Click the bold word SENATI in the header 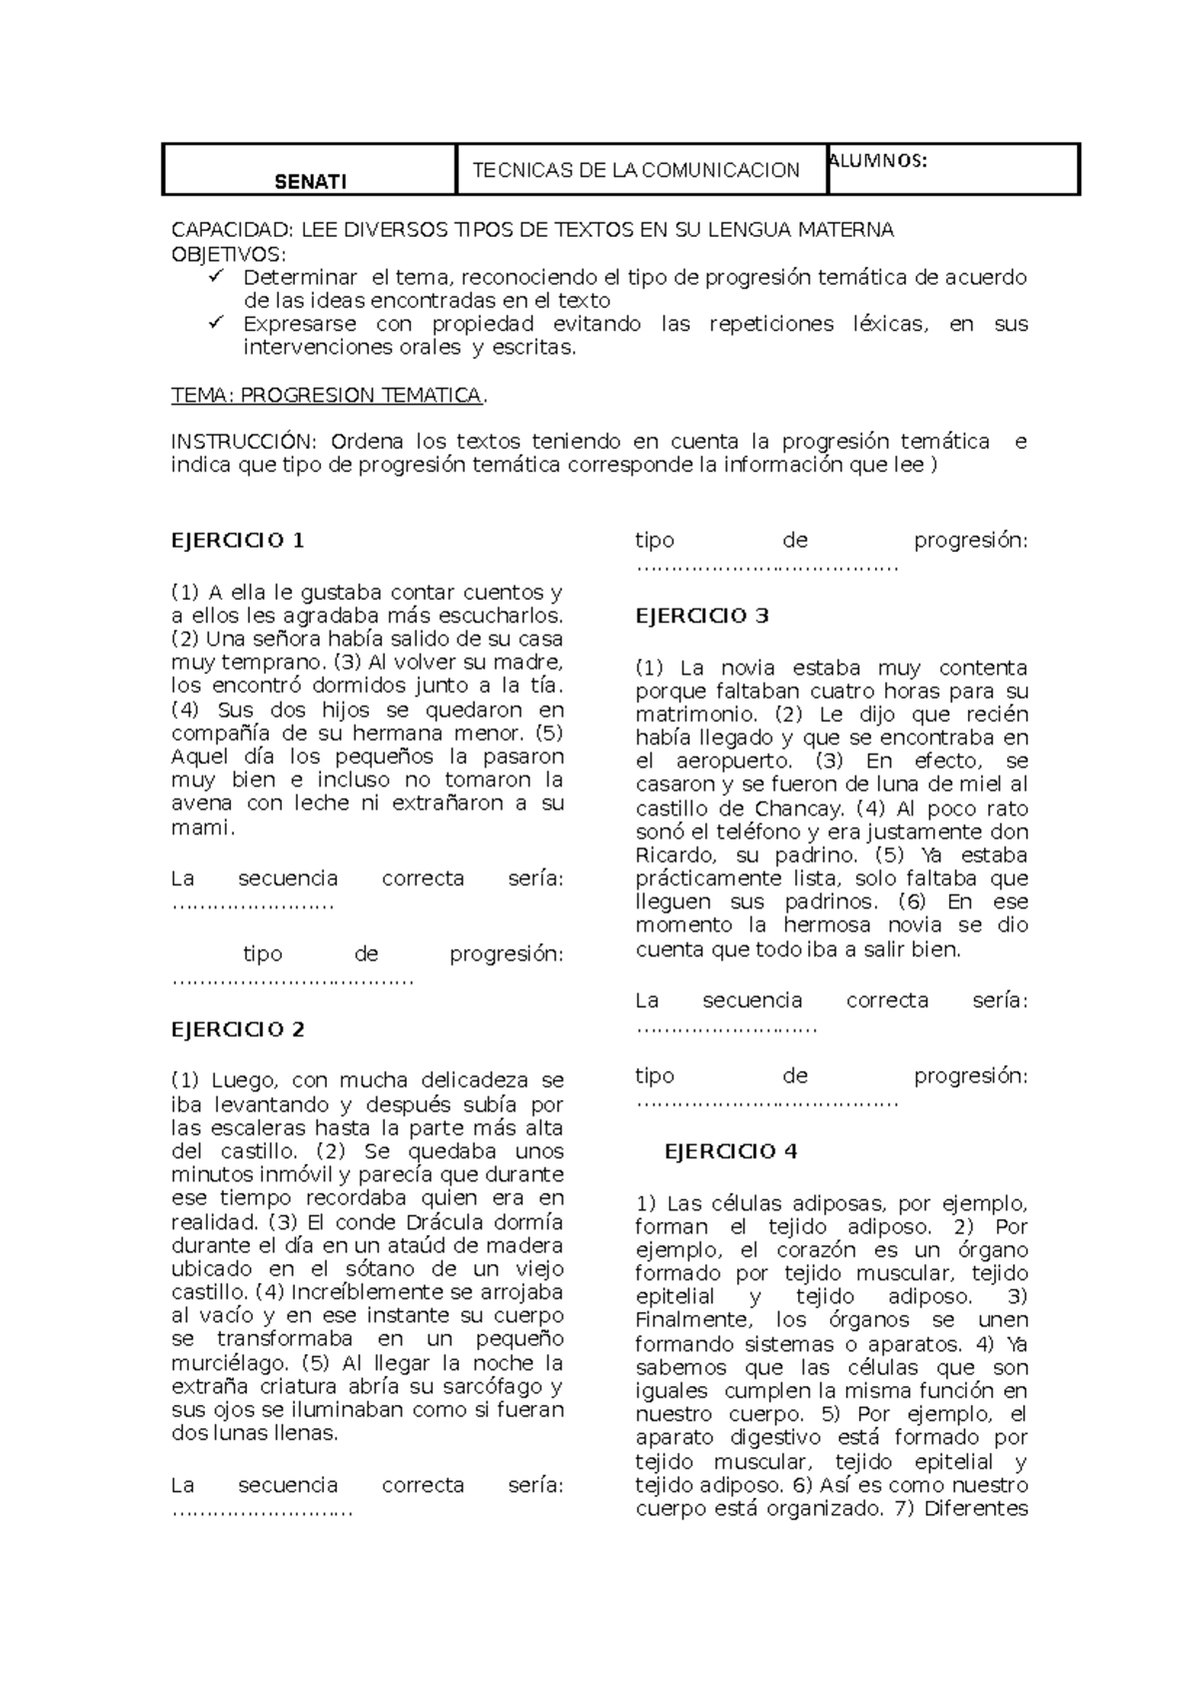click(311, 182)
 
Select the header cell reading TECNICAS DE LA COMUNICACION click(635, 170)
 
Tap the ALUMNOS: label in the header click(878, 161)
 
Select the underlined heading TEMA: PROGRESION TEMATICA click(328, 396)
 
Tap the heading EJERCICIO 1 click(238, 541)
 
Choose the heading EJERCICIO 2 click(238, 1029)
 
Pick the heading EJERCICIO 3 click(702, 616)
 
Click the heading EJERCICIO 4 click(730, 1151)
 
